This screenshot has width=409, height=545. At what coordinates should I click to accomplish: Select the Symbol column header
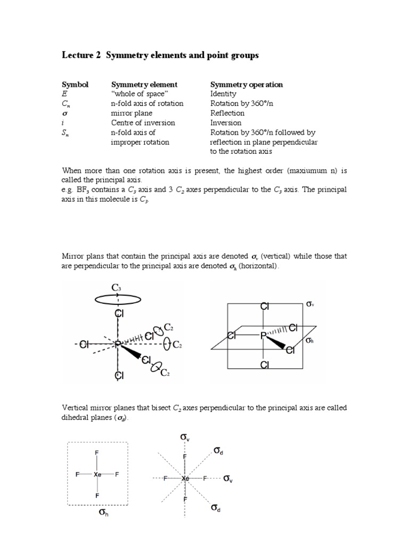pos(75,84)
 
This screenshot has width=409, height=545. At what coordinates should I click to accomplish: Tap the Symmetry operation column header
pos(247,84)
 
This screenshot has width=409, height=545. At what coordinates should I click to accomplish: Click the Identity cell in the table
pos(223,94)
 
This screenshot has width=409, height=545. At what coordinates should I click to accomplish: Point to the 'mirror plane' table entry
pos(131,113)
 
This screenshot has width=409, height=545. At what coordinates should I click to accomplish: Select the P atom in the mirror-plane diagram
pos(263,336)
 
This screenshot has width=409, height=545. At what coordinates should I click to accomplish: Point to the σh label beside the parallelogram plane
pos(310,340)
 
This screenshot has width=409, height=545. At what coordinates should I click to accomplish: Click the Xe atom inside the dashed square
pos(97,474)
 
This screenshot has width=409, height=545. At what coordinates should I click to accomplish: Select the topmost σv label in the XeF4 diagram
pos(185,437)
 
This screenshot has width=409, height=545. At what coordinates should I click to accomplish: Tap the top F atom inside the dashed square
pos(97,453)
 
